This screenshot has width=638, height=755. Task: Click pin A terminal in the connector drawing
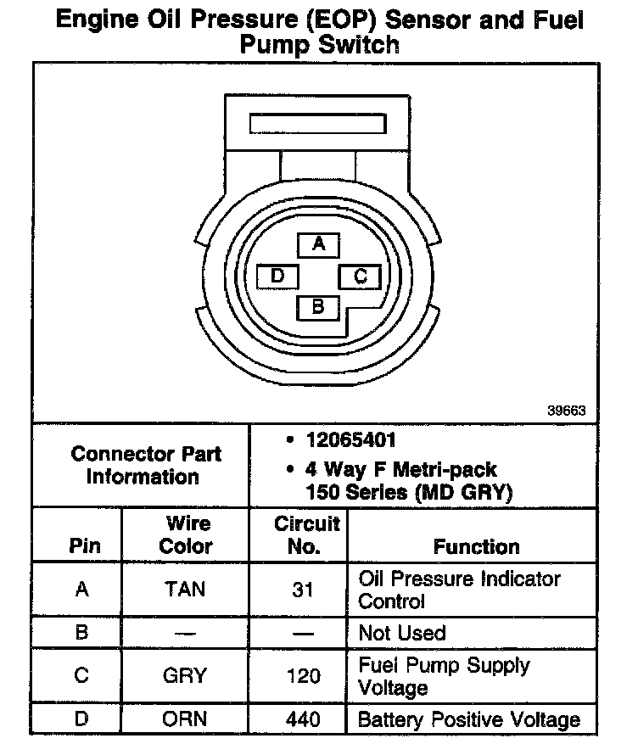click(x=318, y=245)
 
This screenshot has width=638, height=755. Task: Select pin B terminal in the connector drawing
click(x=318, y=306)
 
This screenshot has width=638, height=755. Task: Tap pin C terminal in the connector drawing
click(x=359, y=277)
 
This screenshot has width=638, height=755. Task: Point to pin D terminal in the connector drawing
click(x=277, y=277)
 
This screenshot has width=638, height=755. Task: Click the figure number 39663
click(x=566, y=411)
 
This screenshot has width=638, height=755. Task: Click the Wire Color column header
click(x=186, y=534)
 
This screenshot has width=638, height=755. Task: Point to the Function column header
click(x=476, y=546)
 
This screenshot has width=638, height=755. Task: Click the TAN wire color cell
click(x=186, y=589)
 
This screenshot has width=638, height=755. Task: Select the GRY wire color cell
click(x=186, y=675)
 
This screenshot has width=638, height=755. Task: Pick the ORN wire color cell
click(x=186, y=720)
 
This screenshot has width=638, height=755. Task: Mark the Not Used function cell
click(x=402, y=633)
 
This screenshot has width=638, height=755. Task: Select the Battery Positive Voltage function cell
click(x=469, y=720)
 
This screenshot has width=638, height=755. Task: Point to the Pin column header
click(x=82, y=546)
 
